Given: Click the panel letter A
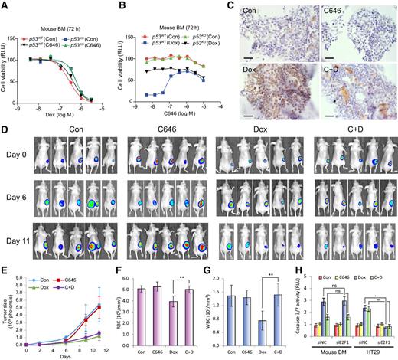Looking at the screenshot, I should [5, 6].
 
